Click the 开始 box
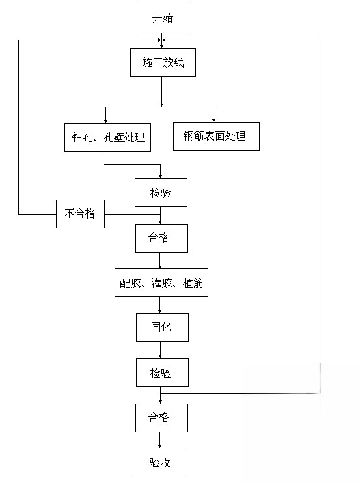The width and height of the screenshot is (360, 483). pos(163,19)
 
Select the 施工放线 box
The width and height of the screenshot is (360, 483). pos(163,62)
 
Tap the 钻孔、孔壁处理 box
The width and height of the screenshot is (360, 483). pos(108,137)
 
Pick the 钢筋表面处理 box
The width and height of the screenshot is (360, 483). pos(216,137)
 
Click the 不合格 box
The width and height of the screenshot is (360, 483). pos(80,214)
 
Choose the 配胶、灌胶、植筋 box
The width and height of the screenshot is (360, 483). pos(161,283)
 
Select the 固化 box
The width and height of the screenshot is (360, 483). pos(162,327)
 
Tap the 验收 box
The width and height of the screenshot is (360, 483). pos(161,462)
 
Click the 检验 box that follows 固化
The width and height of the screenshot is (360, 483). pos(162,372)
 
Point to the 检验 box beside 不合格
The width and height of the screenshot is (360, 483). pos(161,193)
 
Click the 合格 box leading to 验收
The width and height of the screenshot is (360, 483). pos(161,418)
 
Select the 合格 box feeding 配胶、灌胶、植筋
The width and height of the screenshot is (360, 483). pos(161,238)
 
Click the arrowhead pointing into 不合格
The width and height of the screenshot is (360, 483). pos(106,214)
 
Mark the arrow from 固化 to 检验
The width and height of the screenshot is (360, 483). pos(160,350)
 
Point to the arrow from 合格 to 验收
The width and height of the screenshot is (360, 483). pos(160,440)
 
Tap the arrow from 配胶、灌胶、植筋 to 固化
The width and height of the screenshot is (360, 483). pos(160,305)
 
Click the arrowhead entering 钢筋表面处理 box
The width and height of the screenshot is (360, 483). pos(214,121)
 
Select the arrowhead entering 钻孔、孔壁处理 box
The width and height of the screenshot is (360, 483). pos(105,121)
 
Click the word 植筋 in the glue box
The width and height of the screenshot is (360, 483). pos(193,283)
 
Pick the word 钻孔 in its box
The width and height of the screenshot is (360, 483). pos(82,137)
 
